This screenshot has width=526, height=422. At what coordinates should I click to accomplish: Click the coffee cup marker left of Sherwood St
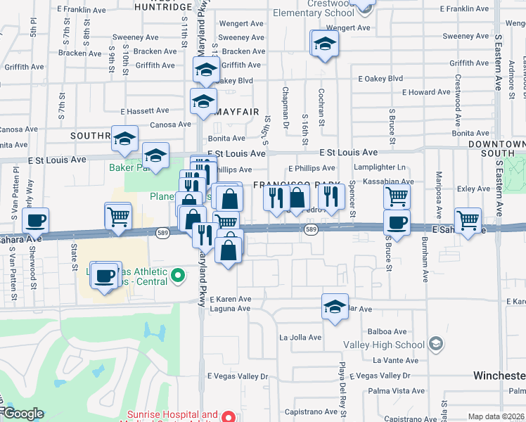pos(35,220)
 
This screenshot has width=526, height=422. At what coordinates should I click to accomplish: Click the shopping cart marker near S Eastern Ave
pos(468,220)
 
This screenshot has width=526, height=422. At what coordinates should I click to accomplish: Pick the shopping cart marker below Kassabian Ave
pos(397,197)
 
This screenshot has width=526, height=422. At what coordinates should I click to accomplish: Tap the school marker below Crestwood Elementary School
pos(324,44)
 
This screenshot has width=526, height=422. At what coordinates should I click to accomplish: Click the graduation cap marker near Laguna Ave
pos(335,306)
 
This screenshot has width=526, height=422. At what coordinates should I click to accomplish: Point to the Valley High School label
pos(383,345)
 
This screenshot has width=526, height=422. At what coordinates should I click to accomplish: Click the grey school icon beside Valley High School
pos(436,344)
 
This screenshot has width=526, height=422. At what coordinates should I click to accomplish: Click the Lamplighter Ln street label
pos(380,167)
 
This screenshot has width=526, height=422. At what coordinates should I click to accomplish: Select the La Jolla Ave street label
pos(300,337)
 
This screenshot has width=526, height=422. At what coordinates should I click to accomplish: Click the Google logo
pos(23,414)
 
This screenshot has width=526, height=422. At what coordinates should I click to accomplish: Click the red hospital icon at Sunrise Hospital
pos(228,416)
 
